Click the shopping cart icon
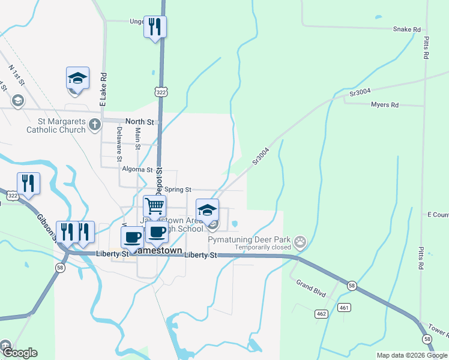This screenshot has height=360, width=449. pos(155,206)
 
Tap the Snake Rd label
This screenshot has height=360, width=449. pos(406,29)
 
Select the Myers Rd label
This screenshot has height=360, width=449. pos(385,104)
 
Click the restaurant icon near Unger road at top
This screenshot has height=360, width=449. pos(155,26)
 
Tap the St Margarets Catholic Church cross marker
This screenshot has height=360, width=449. pos(94,125)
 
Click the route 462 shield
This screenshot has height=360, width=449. pos(321,314)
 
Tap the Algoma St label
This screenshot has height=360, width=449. pos(137,170)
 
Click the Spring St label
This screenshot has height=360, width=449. pos(177,190)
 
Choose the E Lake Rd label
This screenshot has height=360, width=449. pos(103,90)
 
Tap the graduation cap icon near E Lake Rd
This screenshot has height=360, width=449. pos(77,77)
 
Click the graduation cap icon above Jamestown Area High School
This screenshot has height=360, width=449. pos(207,210)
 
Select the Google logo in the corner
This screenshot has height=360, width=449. pos(20,353)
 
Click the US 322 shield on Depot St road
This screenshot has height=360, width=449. pos(160,92)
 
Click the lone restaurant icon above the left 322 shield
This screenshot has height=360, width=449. pos(28,182)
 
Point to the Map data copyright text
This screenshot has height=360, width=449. pos(411,355)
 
